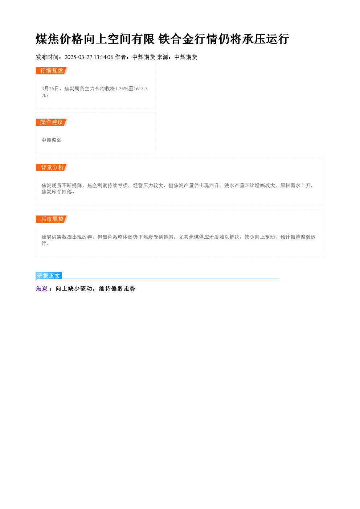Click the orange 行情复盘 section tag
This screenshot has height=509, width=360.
coord(52,71)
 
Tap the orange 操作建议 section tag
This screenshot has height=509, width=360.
coord(52,122)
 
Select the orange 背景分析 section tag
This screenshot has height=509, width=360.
coord(52,168)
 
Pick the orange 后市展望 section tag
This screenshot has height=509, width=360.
coord(52,219)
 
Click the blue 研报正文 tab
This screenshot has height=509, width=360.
coord(49,276)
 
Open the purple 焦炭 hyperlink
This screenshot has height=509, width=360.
coord(42,288)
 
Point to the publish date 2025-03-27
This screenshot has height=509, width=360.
coord(78,57)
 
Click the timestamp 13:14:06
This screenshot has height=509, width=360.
coord(104,57)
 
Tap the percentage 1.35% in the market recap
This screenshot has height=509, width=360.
coord(122,89)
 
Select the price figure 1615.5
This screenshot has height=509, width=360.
coord(141,89)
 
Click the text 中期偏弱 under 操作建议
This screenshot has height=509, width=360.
coord(52,140)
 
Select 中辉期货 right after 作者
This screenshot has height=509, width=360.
coord(144,57)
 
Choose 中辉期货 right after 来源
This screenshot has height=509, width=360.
coord(186,57)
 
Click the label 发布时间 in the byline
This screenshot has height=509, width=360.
coord(47,57)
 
